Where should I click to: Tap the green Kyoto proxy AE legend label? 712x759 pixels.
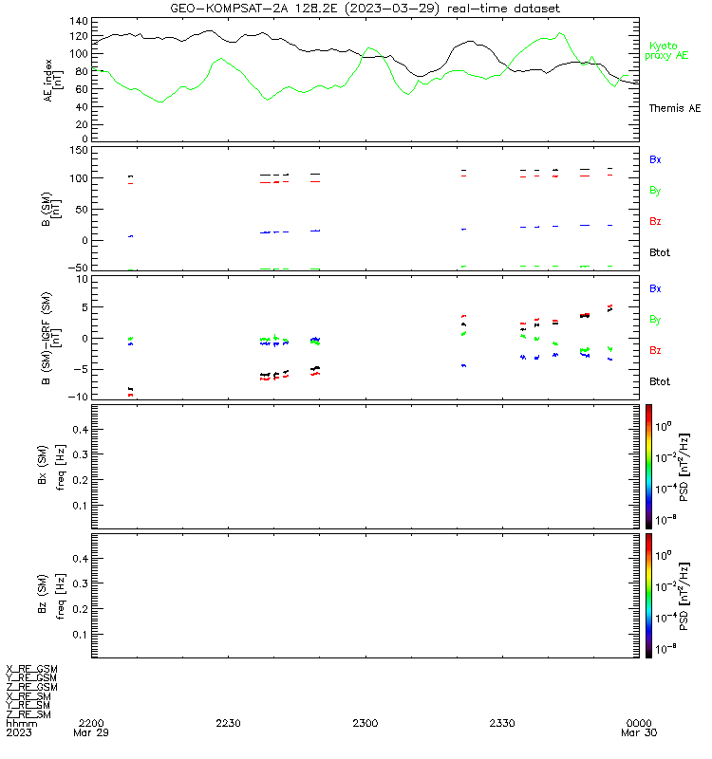666,51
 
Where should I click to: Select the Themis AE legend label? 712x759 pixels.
675,108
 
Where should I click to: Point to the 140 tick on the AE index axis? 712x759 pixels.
79,21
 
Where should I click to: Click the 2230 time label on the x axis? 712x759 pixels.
228,723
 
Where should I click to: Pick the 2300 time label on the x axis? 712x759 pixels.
365,723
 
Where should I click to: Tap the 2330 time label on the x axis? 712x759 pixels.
502,723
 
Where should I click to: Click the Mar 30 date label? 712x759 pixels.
639,732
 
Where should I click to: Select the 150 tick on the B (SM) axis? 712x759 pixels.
79,151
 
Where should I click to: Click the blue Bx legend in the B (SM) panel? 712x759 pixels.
655,159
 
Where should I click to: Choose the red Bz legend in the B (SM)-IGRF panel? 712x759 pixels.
655,350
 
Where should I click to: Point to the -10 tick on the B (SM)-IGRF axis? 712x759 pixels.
77,397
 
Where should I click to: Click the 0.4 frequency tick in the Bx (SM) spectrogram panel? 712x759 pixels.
81,430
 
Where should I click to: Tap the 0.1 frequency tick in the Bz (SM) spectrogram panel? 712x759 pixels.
81,634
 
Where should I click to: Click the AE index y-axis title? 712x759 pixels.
53,81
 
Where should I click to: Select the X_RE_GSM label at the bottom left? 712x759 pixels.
31,670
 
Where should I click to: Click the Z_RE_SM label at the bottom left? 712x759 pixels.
28,714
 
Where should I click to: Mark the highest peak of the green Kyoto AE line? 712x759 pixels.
560,33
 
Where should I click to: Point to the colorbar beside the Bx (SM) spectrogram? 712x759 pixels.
648,467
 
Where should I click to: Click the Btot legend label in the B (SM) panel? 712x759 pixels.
660,252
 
